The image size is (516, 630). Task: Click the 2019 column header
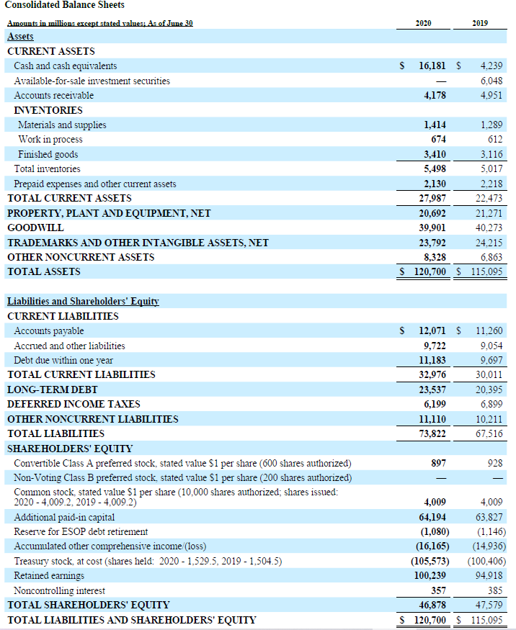click(481, 23)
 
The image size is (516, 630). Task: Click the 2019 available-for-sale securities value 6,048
click(491, 81)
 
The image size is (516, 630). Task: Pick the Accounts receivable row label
click(53, 95)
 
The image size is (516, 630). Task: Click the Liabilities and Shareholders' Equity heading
click(83, 301)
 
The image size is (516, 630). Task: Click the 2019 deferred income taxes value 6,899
click(491, 404)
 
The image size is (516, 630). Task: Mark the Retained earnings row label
click(49, 575)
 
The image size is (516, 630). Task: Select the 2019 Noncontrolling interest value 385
click(494, 590)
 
